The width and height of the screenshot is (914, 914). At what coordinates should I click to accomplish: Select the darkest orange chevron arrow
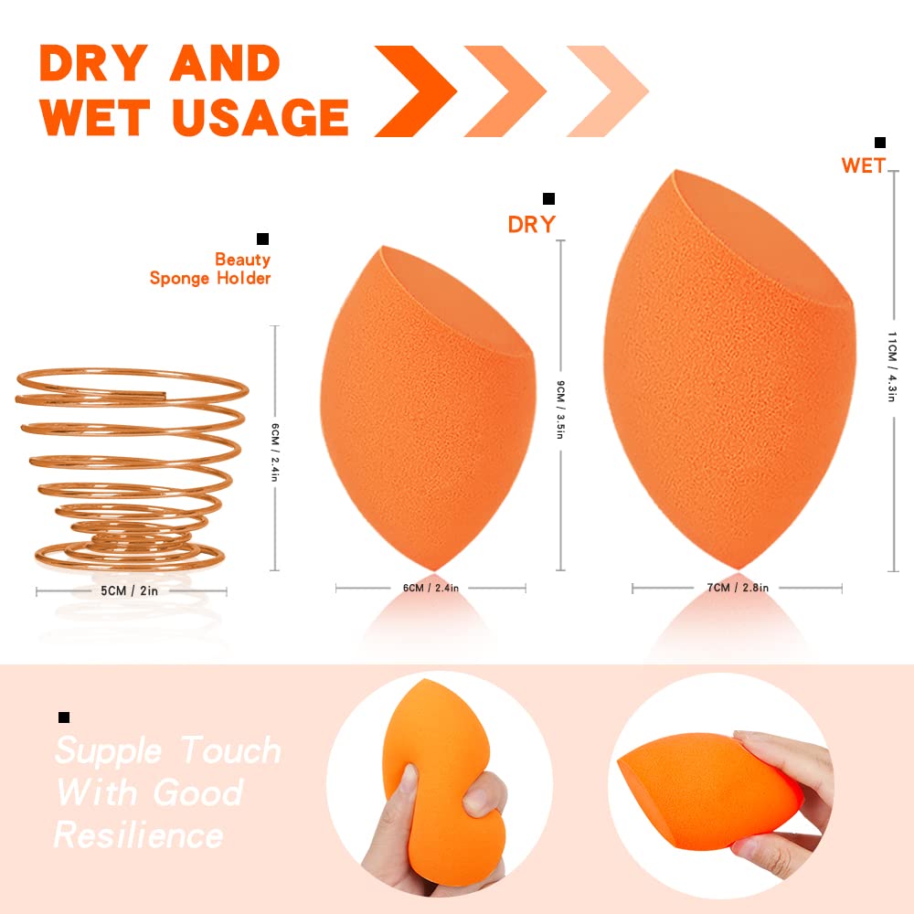(x=416, y=91)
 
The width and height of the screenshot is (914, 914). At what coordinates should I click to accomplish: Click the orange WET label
(x=864, y=166)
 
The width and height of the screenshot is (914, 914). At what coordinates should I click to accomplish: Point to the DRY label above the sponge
(x=532, y=224)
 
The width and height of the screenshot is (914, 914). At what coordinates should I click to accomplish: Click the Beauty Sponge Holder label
(x=211, y=269)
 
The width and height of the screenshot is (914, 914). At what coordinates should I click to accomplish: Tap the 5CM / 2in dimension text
(x=131, y=591)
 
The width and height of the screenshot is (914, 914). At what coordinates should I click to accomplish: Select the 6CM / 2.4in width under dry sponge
(x=430, y=588)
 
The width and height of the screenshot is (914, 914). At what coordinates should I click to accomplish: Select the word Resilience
(x=139, y=834)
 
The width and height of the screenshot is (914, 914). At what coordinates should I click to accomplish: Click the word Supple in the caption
(x=109, y=751)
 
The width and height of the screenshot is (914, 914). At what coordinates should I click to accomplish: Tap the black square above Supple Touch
(x=64, y=717)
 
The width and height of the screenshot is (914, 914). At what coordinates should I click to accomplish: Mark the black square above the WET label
(x=880, y=142)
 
